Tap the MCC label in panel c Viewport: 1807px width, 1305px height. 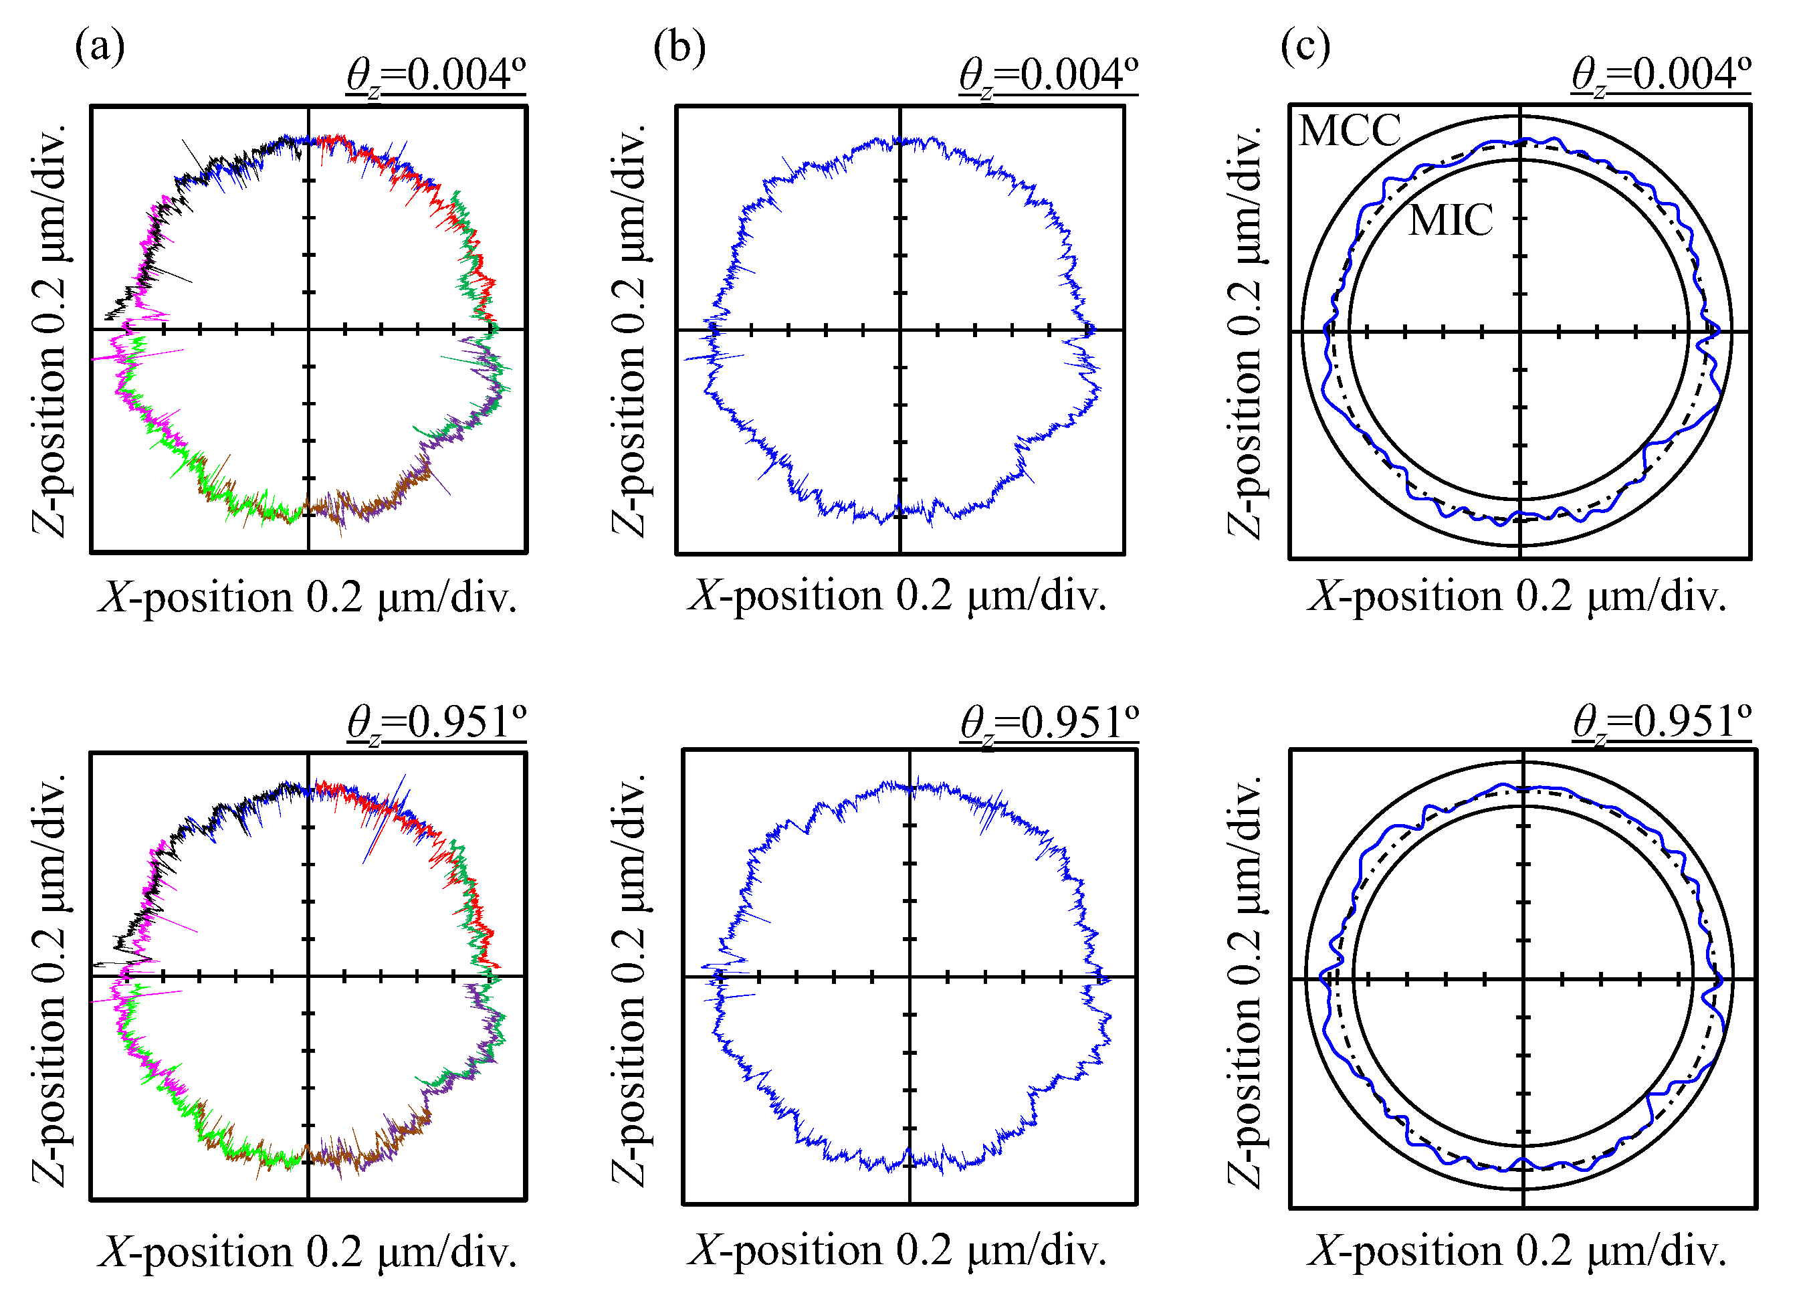[1349, 130]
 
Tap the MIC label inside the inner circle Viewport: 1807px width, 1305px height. [1450, 220]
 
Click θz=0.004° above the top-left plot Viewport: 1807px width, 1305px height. [436, 76]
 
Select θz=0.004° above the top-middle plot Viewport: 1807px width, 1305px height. [1049, 76]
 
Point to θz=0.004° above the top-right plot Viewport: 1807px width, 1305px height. [1661, 76]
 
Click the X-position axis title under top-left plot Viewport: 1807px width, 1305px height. [308, 597]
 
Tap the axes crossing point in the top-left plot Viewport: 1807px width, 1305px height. [308, 329]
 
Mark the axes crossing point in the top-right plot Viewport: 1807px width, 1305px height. [1520, 331]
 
